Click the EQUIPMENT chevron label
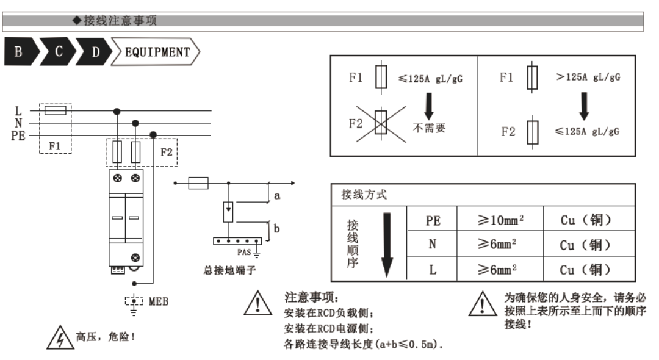pyautogui.click(x=157, y=52)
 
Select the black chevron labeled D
pyautogui.click(x=95, y=52)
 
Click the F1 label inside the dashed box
pyautogui.click(x=56, y=146)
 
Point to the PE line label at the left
pyautogui.click(x=18, y=135)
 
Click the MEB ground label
pyautogui.click(x=158, y=301)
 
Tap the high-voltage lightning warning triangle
pyautogui.click(x=56, y=338)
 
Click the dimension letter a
pyautogui.click(x=276, y=196)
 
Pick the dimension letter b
pyautogui.click(x=276, y=229)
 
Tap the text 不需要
pyautogui.click(x=429, y=128)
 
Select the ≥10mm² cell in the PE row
pyautogui.click(x=500, y=220)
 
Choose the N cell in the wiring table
pyautogui.click(x=432, y=245)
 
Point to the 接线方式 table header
pyautogui.click(x=364, y=195)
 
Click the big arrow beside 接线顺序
pyautogui.click(x=386, y=245)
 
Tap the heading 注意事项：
pyautogui.click(x=311, y=297)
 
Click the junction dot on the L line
pyautogui.click(x=117, y=111)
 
